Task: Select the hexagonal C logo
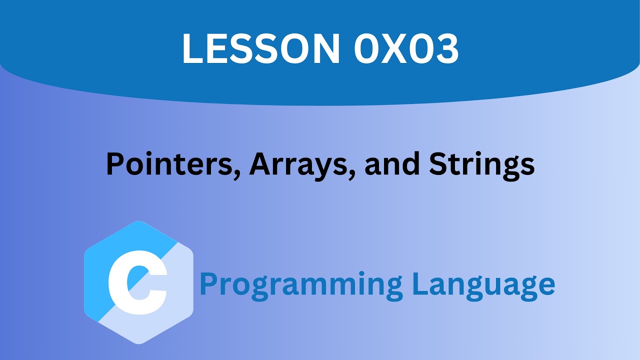(138, 282)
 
